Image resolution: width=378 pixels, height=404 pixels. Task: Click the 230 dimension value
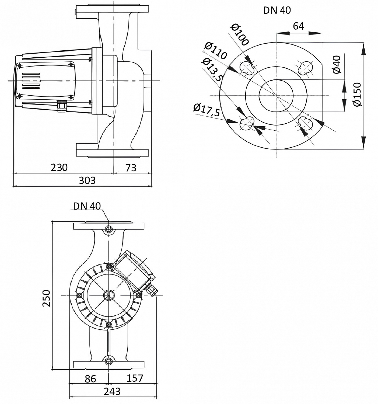tap(59, 167)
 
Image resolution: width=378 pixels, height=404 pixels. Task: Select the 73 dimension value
tap(131, 168)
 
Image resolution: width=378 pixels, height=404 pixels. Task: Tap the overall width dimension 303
tap(87, 180)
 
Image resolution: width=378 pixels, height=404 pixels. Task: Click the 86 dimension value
tap(90, 379)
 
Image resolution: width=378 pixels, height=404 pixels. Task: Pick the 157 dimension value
tap(135, 378)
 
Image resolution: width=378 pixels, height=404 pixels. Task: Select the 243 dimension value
tap(112, 391)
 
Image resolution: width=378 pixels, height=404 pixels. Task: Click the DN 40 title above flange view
tap(277, 11)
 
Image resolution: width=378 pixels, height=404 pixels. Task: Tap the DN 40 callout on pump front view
tap(87, 206)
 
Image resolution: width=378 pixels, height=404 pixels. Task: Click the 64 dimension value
tap(298, 26)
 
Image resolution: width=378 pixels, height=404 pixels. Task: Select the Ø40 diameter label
tap(337, 64)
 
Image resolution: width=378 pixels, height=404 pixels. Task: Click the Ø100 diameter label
tap(240, 34)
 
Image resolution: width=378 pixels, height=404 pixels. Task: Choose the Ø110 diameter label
tap(215, 51)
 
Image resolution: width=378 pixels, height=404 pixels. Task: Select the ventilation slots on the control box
tap(31, 81)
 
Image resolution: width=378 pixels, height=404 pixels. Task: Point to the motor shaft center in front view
tap(108, 295)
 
